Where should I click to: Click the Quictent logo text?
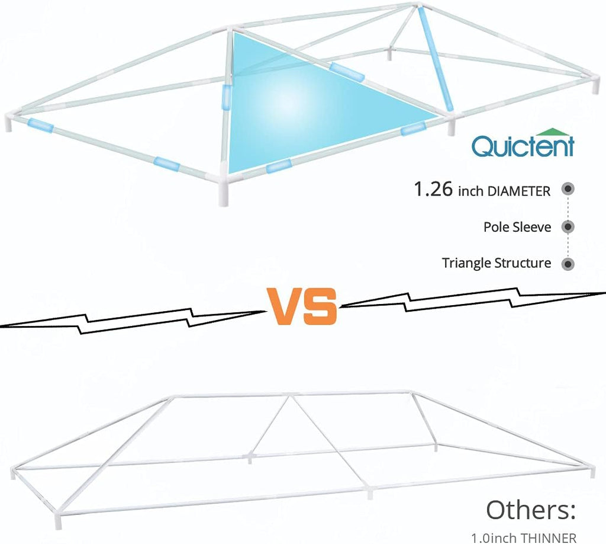tap(523, 146)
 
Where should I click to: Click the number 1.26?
tap(433, 189)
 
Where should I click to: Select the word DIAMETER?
tap(519, 191)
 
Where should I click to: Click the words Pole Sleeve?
tap(517, 227)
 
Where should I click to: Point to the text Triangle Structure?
tap(497, 263)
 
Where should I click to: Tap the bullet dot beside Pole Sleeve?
tap(568, 227)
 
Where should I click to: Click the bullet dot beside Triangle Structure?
tap(568, 264)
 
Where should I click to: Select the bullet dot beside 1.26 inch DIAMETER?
tap(568, 189)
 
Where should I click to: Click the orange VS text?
tap(302, 306)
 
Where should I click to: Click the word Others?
tap(531, 510)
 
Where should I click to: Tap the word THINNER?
tap(548, 538)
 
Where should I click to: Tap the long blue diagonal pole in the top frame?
tap(435, 59)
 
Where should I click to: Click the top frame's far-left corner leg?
tap(8, 123)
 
